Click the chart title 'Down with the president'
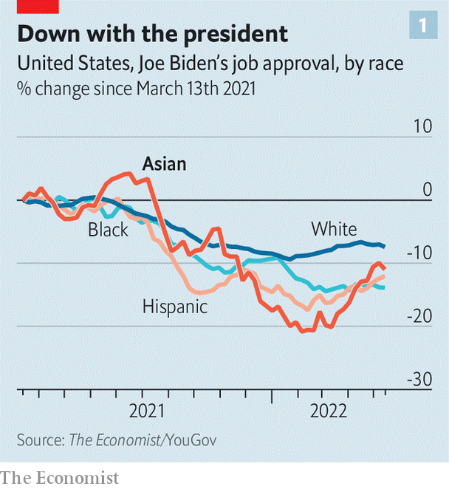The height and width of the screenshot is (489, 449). pyautogui.click(x=153, y=33)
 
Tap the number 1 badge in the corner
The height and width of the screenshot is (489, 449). pyautogui.click(x=423, y=27)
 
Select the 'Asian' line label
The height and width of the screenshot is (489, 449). pyautogui.click(x=164, y=164)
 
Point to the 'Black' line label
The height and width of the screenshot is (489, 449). pyautogui.click(x=108, y=230)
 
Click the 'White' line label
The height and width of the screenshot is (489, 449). pyautogui.click(x=334, y=228)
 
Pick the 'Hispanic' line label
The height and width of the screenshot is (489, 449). pyautogui.click(x=175, y=306)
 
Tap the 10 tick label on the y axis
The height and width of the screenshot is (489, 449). pyautogui.click(x=422, y=126)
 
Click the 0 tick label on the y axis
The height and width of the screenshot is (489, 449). pyautogui.click(x=427, y=190)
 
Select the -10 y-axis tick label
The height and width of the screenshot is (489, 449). pyautogui.click(x=419, y=253)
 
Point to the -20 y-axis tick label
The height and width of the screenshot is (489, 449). pyautogui.click(x=419, y=316)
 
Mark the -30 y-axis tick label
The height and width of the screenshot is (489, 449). pyautogui.click(x=419, y=379)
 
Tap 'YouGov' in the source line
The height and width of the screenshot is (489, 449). pyautogui.click(x=192, y=440)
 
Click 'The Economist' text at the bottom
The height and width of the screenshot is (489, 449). pyautogui.click(x=60, y=477)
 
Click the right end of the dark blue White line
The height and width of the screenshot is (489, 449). pyautogui.click(x=384, y=246)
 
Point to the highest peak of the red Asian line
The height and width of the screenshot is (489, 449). pyautogui.click(x=127, y=174)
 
